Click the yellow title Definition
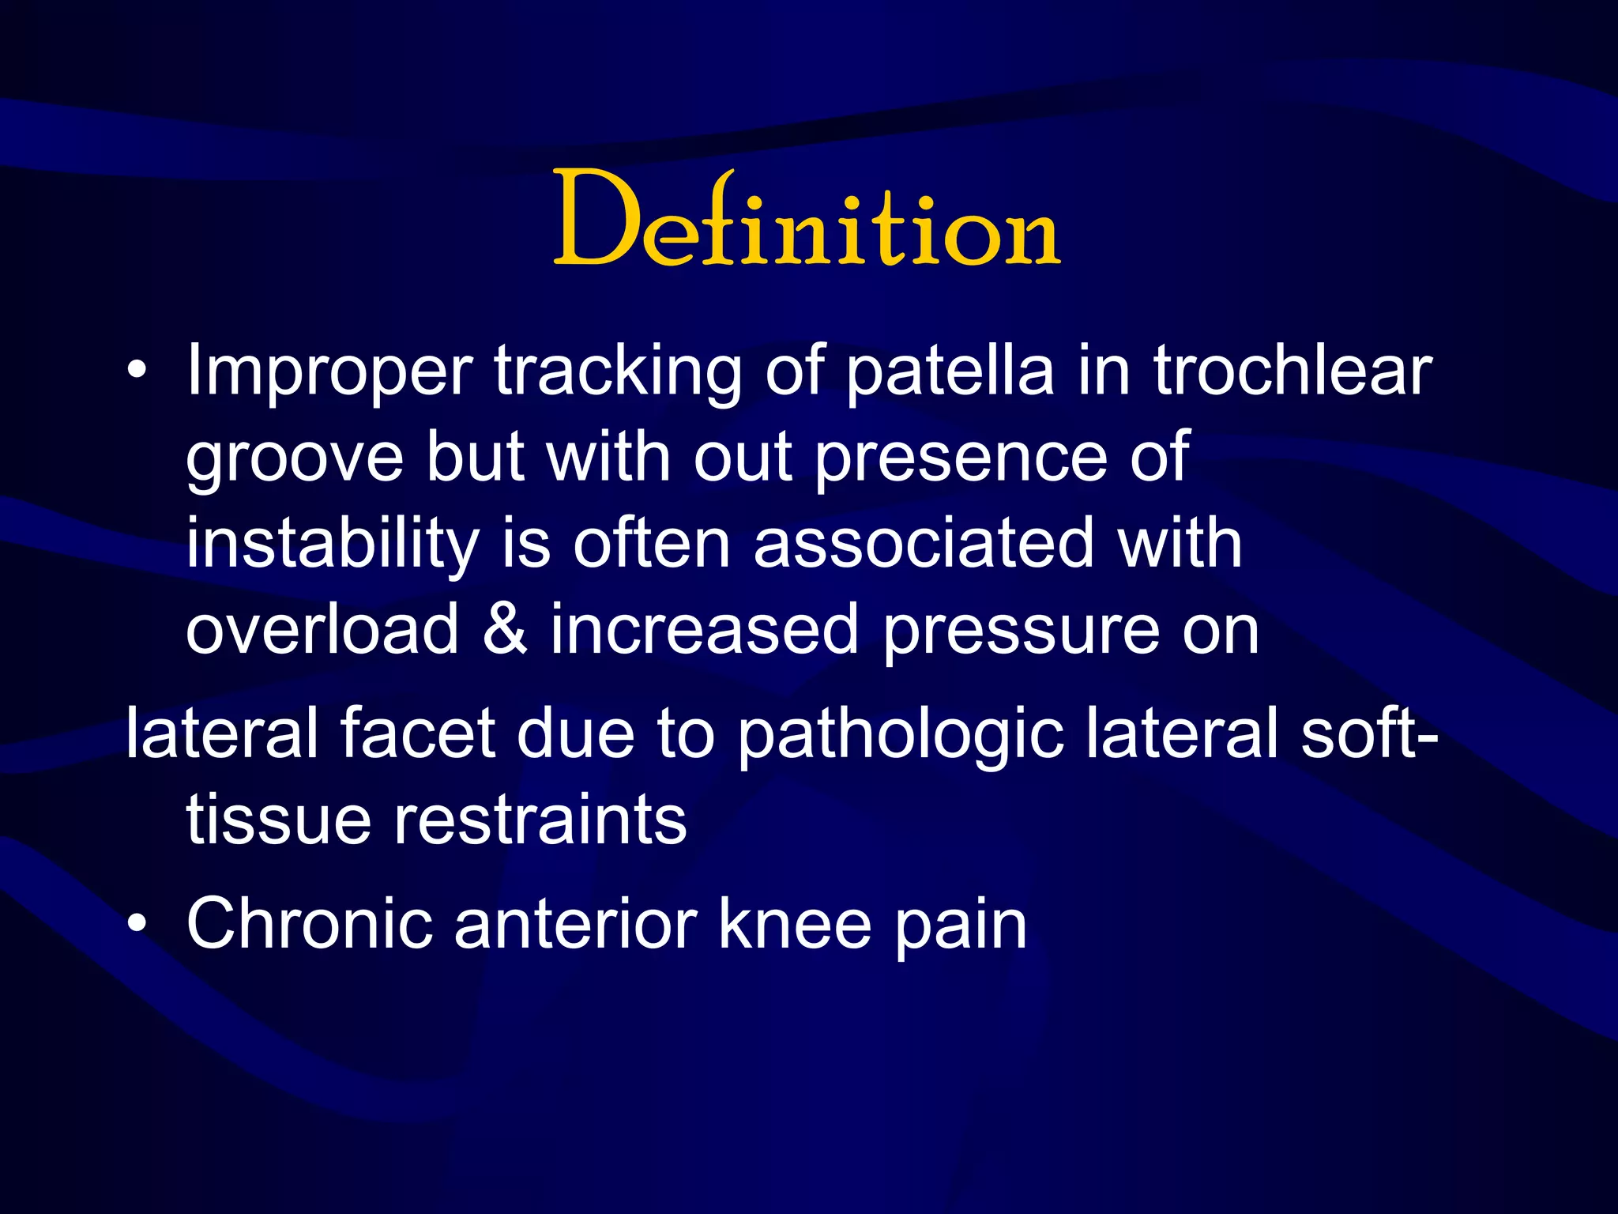pyautogui.click(x=806, y=220)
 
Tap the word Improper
pyautogui.click(x=329, y=371)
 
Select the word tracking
pyautogui.click(x=617, y=371)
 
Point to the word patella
pyautogui.click(x=949, y=371)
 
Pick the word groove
pyautogui.click(x=294, y=458)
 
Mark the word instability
pyautogui.click(x=333, y=545)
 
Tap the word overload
pyautogui.click(x=322, y=630)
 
